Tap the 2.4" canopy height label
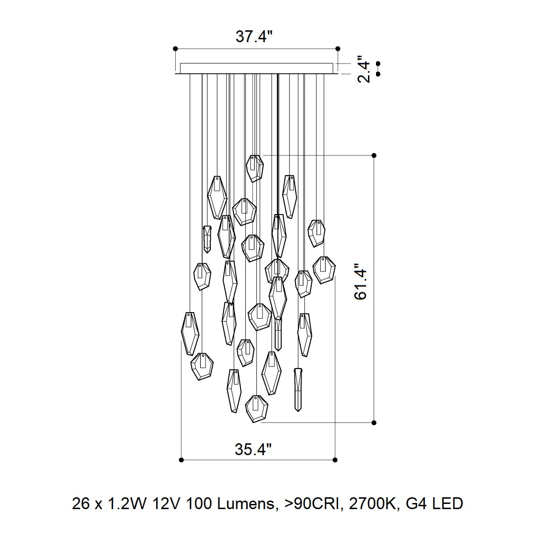(364, 69)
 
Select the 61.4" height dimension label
(360, 282)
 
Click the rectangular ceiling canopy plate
(256, 68)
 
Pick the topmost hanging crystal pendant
(255, 169)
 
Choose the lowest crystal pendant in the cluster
(257, 409)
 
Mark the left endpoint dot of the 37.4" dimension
(176, 48)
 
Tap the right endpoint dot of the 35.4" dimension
(335, 460)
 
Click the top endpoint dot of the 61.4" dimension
(374, 155)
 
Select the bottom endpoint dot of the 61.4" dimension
(374, 423)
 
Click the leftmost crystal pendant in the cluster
(190, 333)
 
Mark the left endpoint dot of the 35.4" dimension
(181, 460)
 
